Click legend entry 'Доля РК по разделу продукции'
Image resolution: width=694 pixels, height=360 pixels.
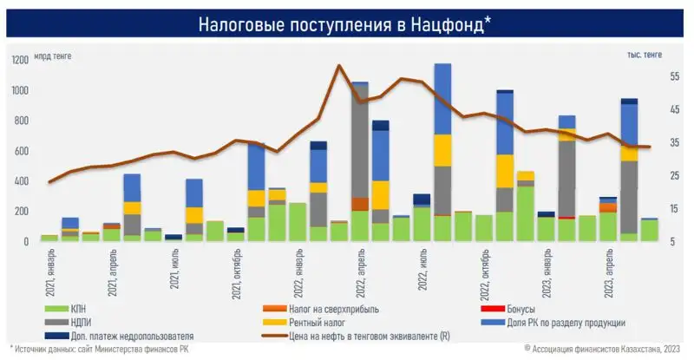point(564,323)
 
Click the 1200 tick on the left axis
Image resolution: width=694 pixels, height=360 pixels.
point(19,60)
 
